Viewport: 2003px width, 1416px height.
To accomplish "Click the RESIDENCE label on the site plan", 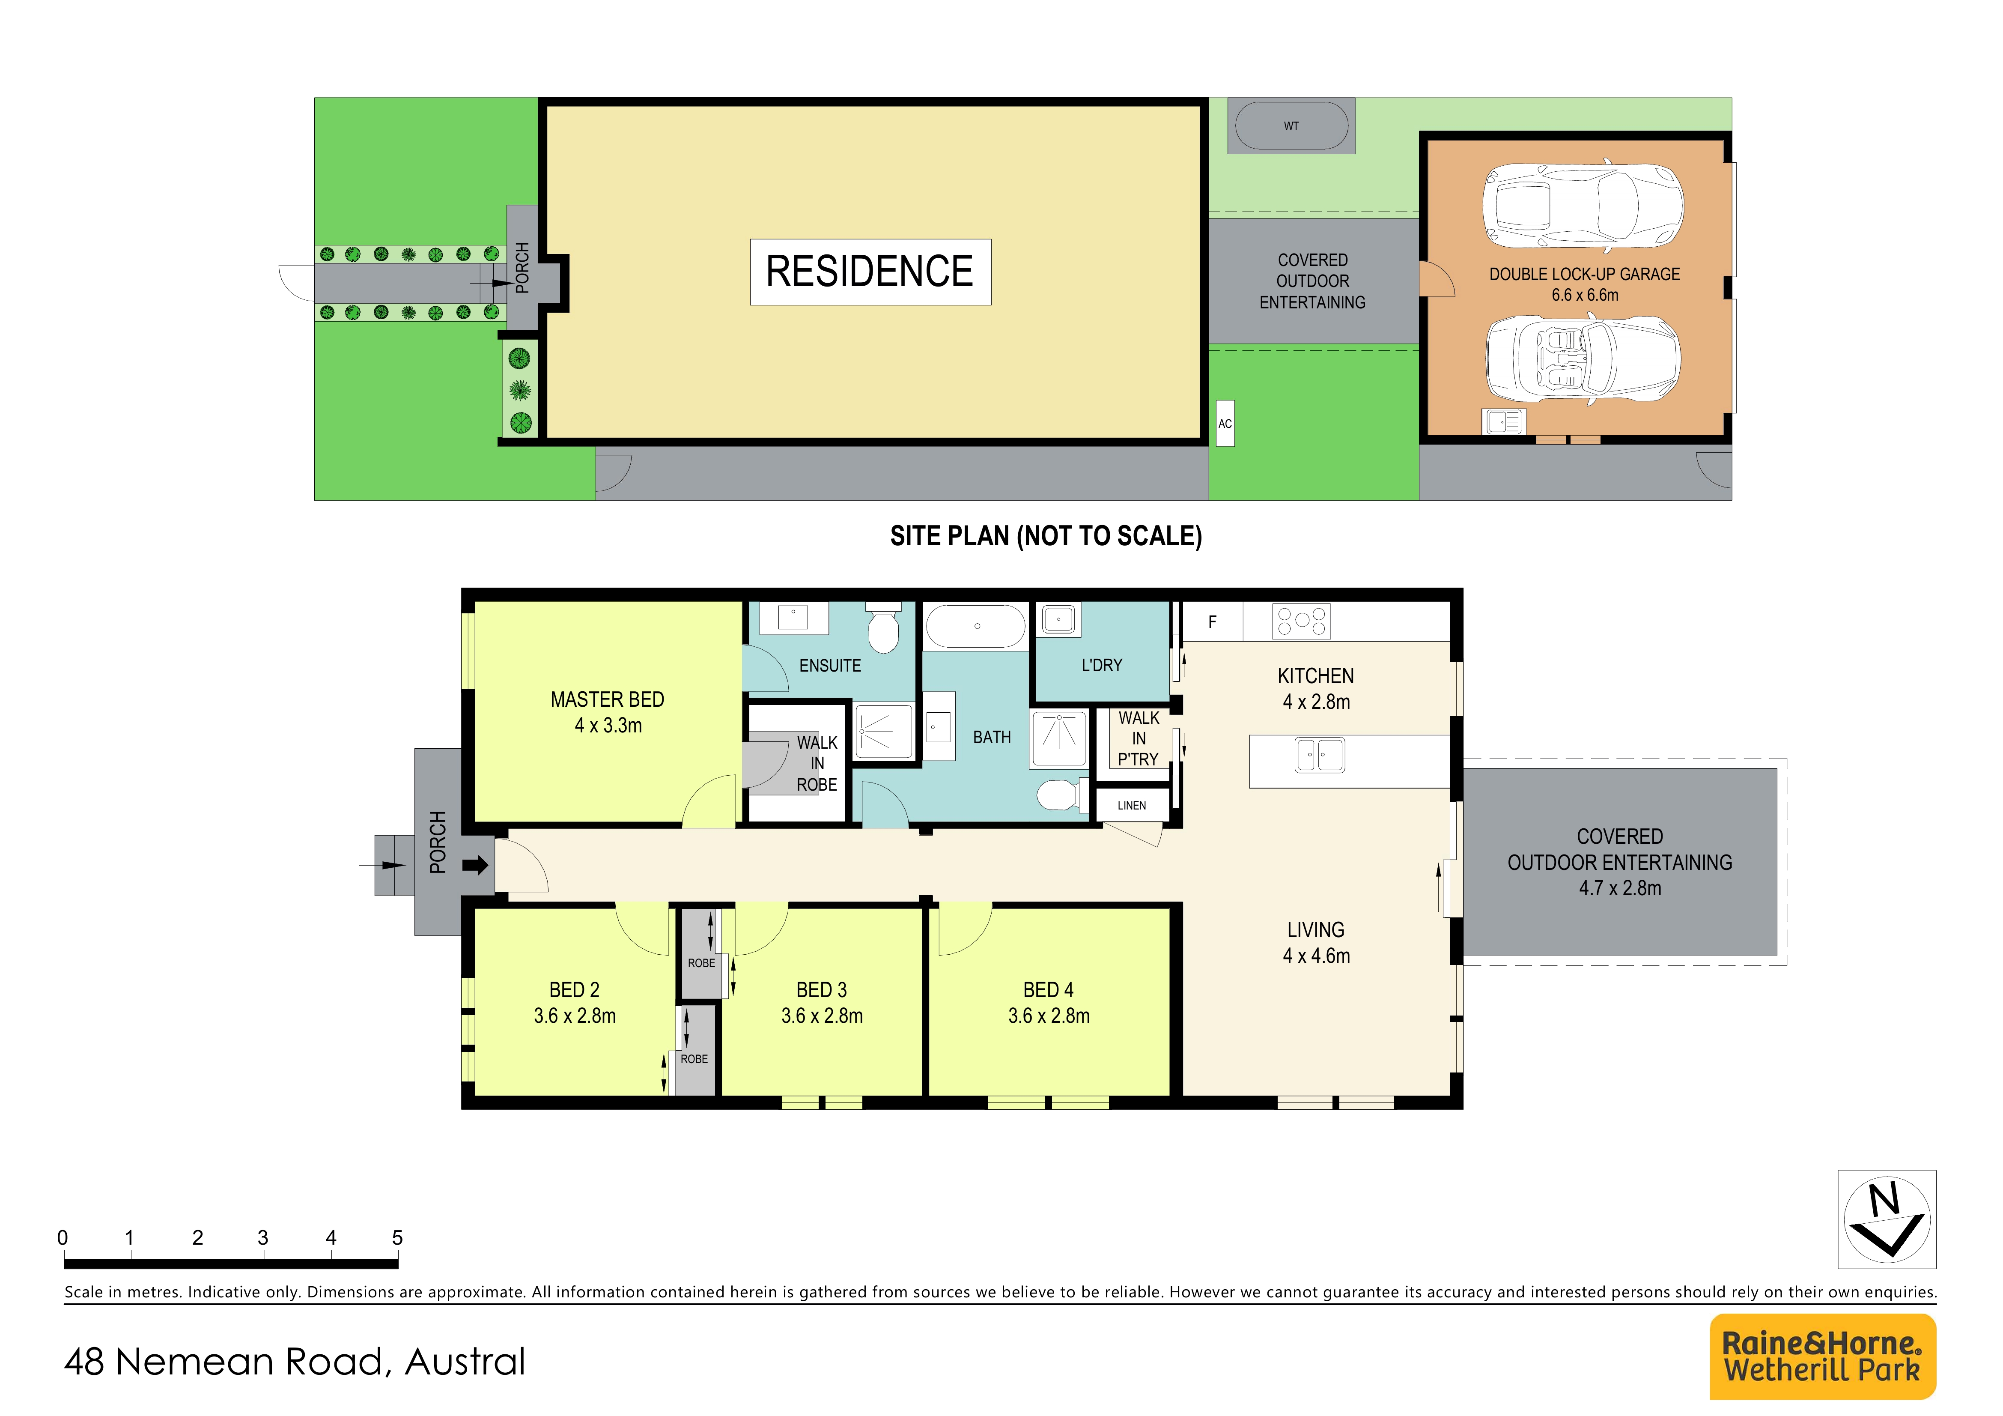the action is pyautogui.click(x=870, y=271).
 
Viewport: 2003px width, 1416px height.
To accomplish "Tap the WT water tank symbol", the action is pyautogui.click(x=1291, y=126).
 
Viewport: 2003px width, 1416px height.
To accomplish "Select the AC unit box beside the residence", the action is pyautogui.click(x=1225, y=423).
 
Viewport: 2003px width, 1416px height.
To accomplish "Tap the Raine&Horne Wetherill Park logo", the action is pyautogui.click(x=1822, y=1356).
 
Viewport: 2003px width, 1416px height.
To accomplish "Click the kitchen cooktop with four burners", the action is pyautogui.click(x=1301, y=621).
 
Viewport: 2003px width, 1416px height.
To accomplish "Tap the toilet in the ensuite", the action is pyautogui.click(x=884, y=627).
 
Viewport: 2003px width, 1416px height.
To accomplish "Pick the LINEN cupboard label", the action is pyautogui.click(x=1132, y=805).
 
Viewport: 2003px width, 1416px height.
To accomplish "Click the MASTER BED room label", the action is pyautogui.click(x=607, y=700).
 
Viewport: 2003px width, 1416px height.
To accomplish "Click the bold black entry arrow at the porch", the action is pyautogui.click(x=475, y=866).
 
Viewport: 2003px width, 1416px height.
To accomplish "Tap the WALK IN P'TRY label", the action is pyautogui.click(x=1139, y=738).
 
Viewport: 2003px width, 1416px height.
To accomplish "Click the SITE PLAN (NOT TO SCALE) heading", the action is pyautogui.click(x=1046, y=536).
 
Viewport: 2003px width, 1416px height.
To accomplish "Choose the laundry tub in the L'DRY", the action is pyautogui.click(x=1058, y=619).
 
